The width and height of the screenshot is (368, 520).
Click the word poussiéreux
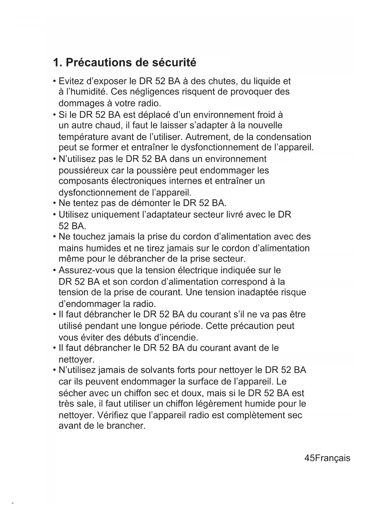click(x=84, y=171)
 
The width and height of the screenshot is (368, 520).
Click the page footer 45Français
click(x=327, y=458)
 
